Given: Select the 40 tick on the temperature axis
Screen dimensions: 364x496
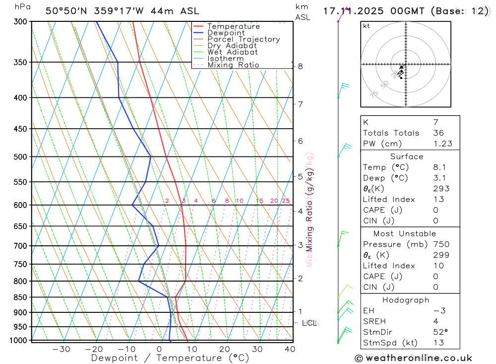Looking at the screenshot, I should coord(290,349).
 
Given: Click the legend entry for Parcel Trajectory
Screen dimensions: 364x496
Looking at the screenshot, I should coord(244,39).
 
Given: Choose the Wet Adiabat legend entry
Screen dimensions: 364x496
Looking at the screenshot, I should coord(233,52).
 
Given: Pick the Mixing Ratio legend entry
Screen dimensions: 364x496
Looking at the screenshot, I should coord(233,65).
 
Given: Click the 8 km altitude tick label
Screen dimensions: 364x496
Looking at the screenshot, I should coord(301,66).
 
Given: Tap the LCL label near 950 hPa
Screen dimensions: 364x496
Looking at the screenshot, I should coord(309,323).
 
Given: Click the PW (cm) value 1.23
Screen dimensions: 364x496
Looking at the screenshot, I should coord(441,144).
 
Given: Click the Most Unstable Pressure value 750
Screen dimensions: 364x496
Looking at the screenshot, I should coord(441,244).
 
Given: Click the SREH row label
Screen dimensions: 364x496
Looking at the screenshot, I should coord(375,321).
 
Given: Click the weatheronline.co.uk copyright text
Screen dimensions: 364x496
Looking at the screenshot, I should coord(414,358).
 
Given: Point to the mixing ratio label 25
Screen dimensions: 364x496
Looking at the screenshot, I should coord(286,201).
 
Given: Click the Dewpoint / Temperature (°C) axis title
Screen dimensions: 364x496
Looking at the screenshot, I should coord(170,358).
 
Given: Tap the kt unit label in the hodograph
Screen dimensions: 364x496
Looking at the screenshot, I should coord(367,26).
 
